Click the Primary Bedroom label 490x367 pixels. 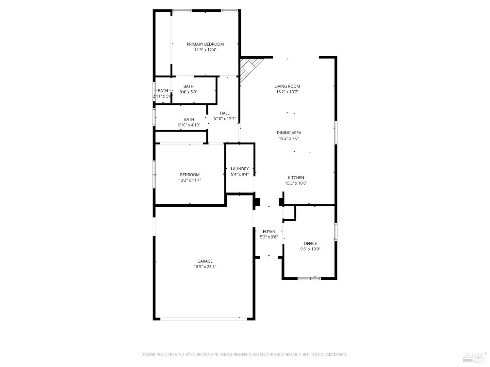click(x=205, y=44)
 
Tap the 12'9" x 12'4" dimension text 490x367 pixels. click(x=205, y=50)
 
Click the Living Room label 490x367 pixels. click(x=287, y=86)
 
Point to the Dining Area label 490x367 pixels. click(x=289, y=133)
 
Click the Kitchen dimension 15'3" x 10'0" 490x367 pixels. click(x=296, y=183)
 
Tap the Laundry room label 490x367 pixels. click(x=240, y=169)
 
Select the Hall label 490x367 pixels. click(x=225, y=113)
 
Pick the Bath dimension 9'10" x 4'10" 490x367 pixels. click(x=189, y=125)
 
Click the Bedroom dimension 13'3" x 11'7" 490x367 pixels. click(x=190, y=180)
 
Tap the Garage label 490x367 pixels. click(x=205, y=261)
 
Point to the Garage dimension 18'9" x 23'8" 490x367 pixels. click(x=205, y=267)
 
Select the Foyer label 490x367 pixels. click(x=269, y=232)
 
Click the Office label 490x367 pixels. click(x=310, y=243)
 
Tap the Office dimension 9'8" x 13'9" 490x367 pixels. click(x=310, y=249)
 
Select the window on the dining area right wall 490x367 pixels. click(x=335, y=132)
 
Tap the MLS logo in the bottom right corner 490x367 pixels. click(x=474, y=357)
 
